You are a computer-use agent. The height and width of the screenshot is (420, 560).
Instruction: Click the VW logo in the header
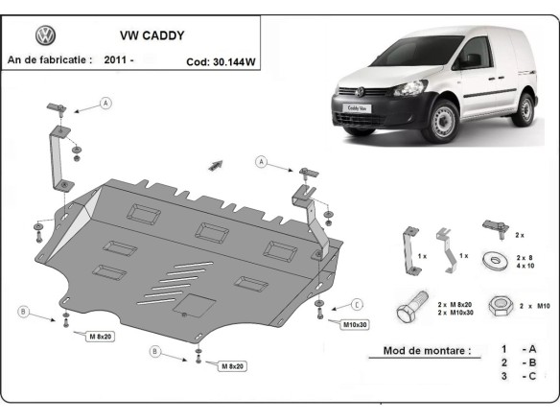[x=45, y=36]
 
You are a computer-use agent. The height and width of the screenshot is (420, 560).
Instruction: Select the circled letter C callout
[x=356, y=304]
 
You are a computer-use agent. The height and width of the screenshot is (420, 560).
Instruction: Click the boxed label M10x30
[x=356, y=325]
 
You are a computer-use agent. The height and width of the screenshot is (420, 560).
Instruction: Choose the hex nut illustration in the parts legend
[x=498, y=306]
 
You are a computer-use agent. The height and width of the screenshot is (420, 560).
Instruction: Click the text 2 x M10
[x=533, y=305]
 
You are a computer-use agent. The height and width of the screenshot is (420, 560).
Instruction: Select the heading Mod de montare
[x=426, y=351]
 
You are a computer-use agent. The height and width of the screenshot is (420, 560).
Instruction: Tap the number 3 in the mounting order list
[x=502, y=376]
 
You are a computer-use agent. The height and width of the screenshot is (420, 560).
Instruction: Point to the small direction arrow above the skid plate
[x=216, y=164]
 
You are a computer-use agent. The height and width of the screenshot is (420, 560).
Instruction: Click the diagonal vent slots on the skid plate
[x=187, y=275]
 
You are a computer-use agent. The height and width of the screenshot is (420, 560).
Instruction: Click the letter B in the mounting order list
[x=530, y=363]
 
